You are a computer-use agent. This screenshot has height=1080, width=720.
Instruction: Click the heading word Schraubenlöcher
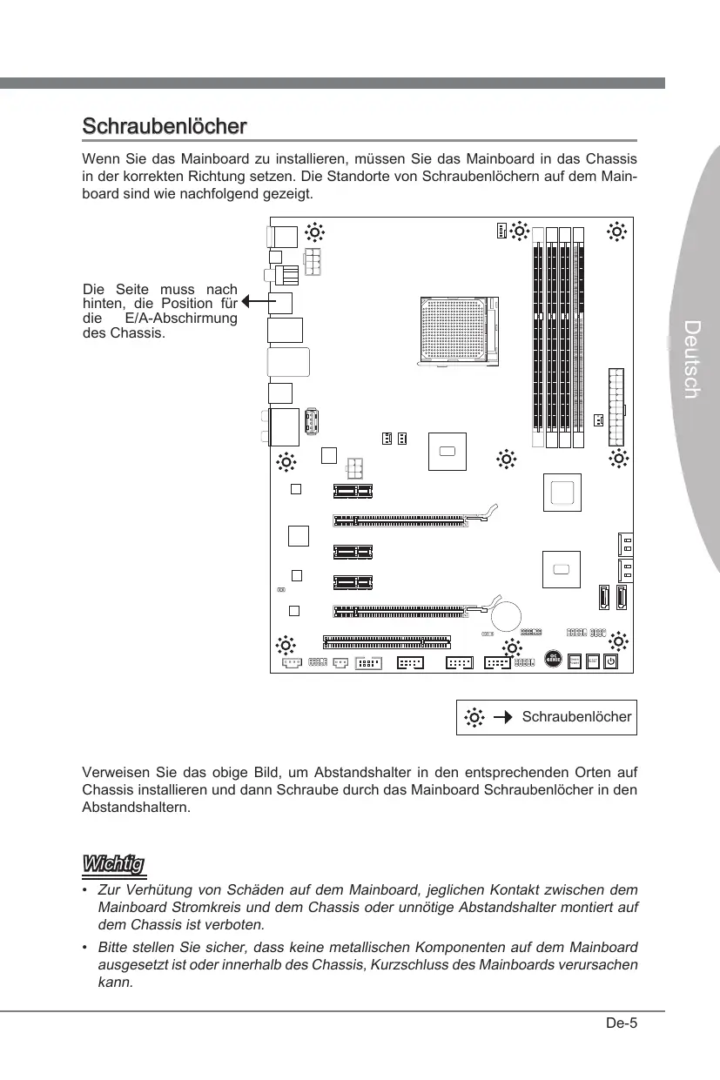[x=164, y=126]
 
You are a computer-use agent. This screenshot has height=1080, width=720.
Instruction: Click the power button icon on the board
[x=611, y=661]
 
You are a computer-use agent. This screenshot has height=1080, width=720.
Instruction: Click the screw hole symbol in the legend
[x=474, y=717]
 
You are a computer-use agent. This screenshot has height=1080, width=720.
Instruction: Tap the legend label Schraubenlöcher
[x=576, y=717]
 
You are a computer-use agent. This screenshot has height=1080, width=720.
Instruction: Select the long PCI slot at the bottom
[x=387, y=642]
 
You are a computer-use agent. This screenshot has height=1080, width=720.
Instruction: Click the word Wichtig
[x=113, y=864]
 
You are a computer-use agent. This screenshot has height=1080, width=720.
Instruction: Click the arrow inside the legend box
[x=501, y=717]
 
